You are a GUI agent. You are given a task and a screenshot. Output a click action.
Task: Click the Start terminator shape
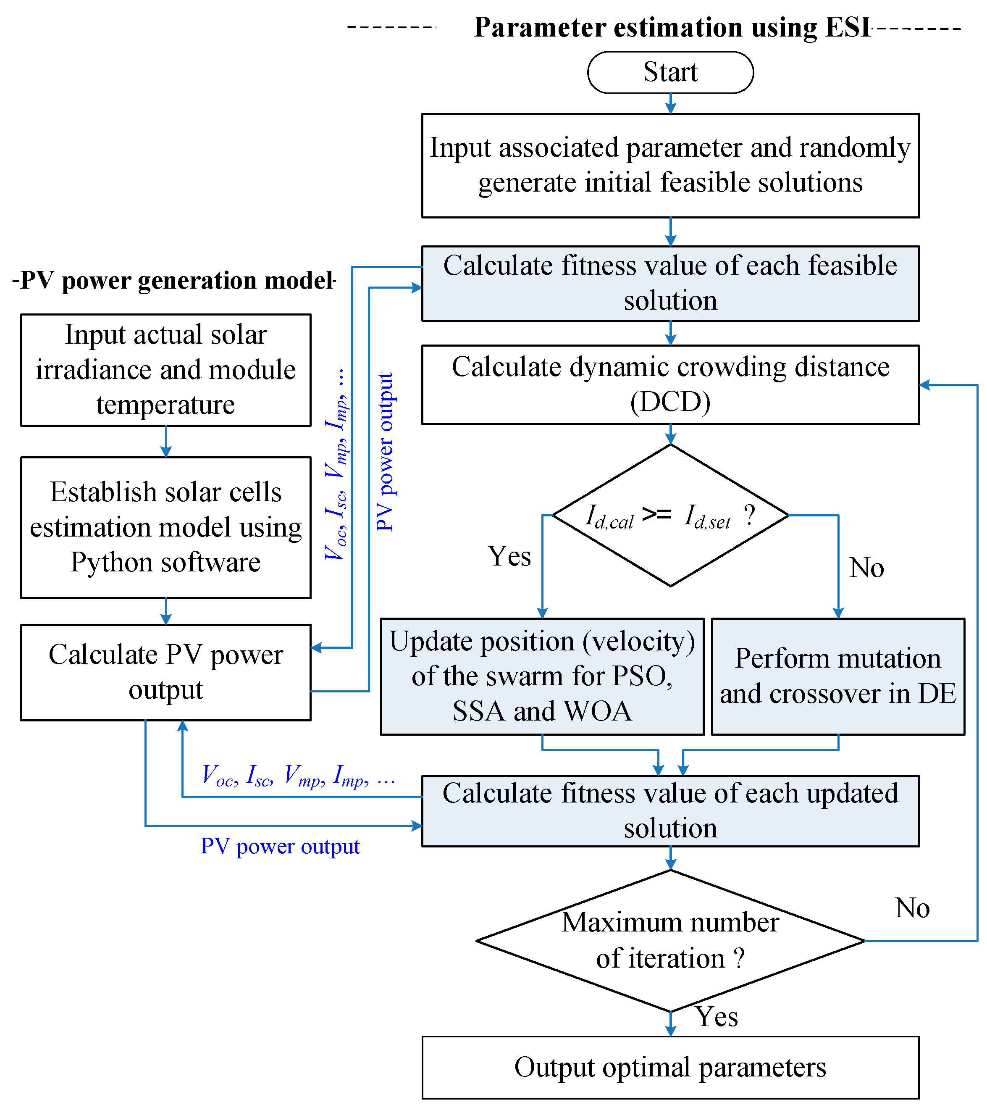click(670, 72)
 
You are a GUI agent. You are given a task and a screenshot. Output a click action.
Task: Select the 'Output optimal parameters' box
click(670, 1067)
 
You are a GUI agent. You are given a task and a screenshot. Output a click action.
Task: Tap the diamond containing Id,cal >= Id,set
click(670, 515)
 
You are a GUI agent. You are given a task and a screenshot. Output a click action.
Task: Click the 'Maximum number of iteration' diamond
click(670, 940)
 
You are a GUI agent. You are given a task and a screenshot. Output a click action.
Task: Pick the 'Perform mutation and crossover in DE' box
click(838, 676)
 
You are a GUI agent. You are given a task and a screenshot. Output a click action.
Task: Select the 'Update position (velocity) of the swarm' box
click(542, 676)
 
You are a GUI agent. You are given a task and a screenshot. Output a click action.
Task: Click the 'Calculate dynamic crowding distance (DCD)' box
click(670, 384)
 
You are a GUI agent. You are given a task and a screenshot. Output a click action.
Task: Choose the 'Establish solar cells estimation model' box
click(165, 527)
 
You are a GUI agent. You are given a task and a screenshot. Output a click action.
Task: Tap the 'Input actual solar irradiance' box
click(165, 369)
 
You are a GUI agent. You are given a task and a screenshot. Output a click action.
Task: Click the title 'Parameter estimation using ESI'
click(672, 27)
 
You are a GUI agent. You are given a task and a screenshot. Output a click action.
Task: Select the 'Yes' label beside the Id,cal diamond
click(509, 556)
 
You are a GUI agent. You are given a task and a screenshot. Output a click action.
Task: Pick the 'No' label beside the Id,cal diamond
click(866, 568)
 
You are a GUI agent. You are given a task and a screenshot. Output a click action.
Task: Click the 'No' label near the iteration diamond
click(912, 908)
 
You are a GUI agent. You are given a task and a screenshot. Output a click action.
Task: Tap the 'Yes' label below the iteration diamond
click(717, 1016)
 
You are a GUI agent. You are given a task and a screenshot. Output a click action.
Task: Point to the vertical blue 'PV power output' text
click(385, 451)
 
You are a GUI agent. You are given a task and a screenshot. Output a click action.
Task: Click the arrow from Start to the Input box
click(670, 103)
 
